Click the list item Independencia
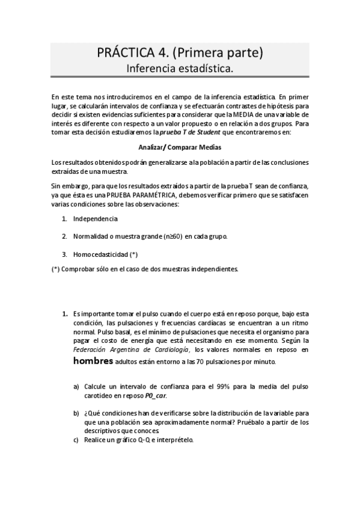click(x=95, y=219)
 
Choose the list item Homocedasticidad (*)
click(x=105, y=254)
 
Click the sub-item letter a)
click(x=76, y=386)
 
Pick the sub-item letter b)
click(x=76, y=414)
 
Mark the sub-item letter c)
click(x=76, y=440)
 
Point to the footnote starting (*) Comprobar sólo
click(x=145, y=269)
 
